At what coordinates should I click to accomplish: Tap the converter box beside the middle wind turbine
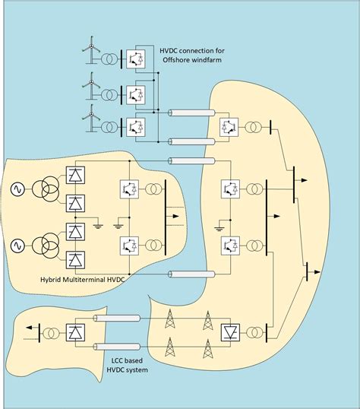[136, 94]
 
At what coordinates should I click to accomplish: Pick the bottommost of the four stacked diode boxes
[75, 259]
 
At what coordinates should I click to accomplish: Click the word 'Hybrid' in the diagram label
[56, 281]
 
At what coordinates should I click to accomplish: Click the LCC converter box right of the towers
[230, 333]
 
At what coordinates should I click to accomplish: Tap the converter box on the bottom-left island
[75, 333]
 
